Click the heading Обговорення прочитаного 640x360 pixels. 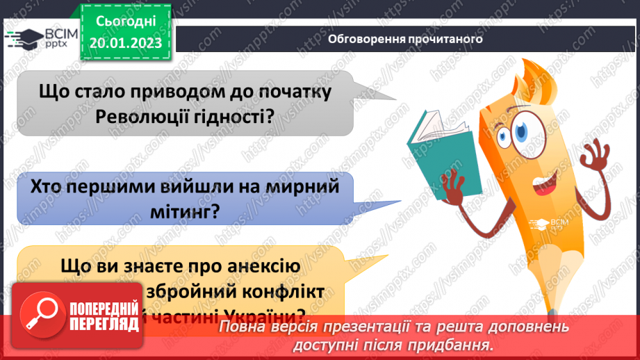[x=405, y=39]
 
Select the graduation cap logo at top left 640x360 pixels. [x=22, y=38]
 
